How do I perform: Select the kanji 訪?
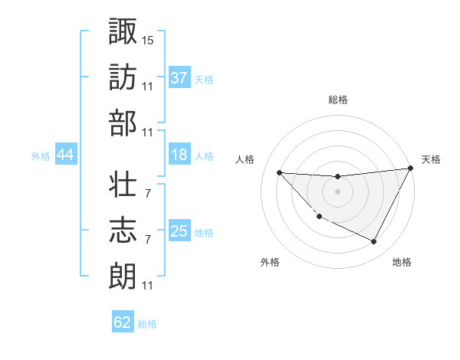tap(123, 77)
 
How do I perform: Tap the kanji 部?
tap(123, 123)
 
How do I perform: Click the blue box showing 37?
tap(179, 77)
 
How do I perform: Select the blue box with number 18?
tap(179, 155)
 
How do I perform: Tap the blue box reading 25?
tap(179, 231)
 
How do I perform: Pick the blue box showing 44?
tap(66, 155)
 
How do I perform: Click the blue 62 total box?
tap(123, 322)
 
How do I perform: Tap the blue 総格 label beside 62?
tap(148, 324)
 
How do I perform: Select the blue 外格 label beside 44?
tap(41, 156)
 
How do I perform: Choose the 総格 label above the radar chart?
tap(338, 100)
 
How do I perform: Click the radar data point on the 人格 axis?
tap(279, 172)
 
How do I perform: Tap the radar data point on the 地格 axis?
tap(374, 242)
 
